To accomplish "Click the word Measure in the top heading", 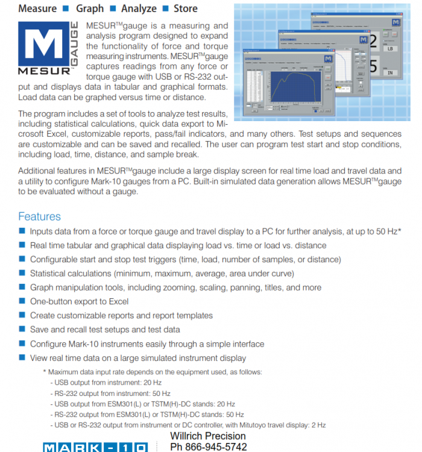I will [x=37, y=8].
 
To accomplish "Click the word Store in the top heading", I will [x=185, y=8].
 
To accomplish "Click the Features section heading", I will [x=39, y=216].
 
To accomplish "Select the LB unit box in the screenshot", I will [x=389, y=48].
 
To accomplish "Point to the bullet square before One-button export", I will [x=22, y=301].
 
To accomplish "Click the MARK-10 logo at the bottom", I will [x=93, y=447].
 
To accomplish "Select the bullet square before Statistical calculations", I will [x=22, y=274].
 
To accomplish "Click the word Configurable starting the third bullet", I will [x=55, y=260].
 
